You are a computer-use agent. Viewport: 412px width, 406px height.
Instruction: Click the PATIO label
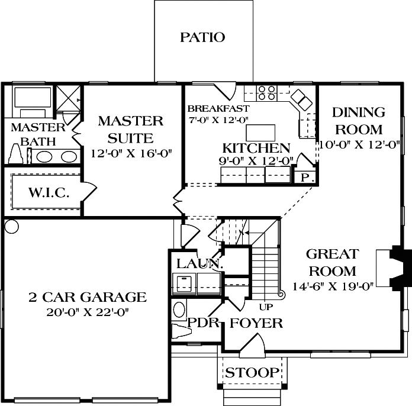click(202, 38)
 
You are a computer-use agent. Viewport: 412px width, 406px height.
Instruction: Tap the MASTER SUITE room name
click(130, 130)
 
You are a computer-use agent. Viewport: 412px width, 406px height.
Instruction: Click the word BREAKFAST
click(218, 108)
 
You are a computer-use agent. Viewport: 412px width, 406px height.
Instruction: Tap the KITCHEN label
click(256, 148)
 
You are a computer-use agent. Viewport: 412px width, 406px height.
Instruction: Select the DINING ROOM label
click(358, 120)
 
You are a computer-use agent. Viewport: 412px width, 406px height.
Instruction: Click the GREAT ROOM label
click(331, 263)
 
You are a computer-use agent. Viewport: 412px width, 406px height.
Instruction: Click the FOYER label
click(256, 323)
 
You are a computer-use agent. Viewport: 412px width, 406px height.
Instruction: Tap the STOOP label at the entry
click(252, 373)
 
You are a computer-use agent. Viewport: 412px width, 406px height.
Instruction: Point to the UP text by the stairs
click(266, 307)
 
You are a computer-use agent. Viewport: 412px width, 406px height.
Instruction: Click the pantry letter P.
click(305, 177)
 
